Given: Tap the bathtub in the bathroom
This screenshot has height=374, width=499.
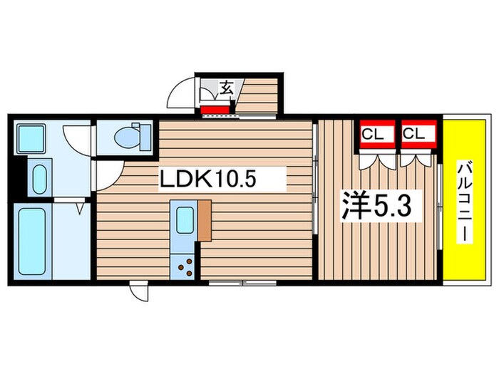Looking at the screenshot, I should click(32, 239).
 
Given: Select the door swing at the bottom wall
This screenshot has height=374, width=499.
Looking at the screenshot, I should click(139, 293).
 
